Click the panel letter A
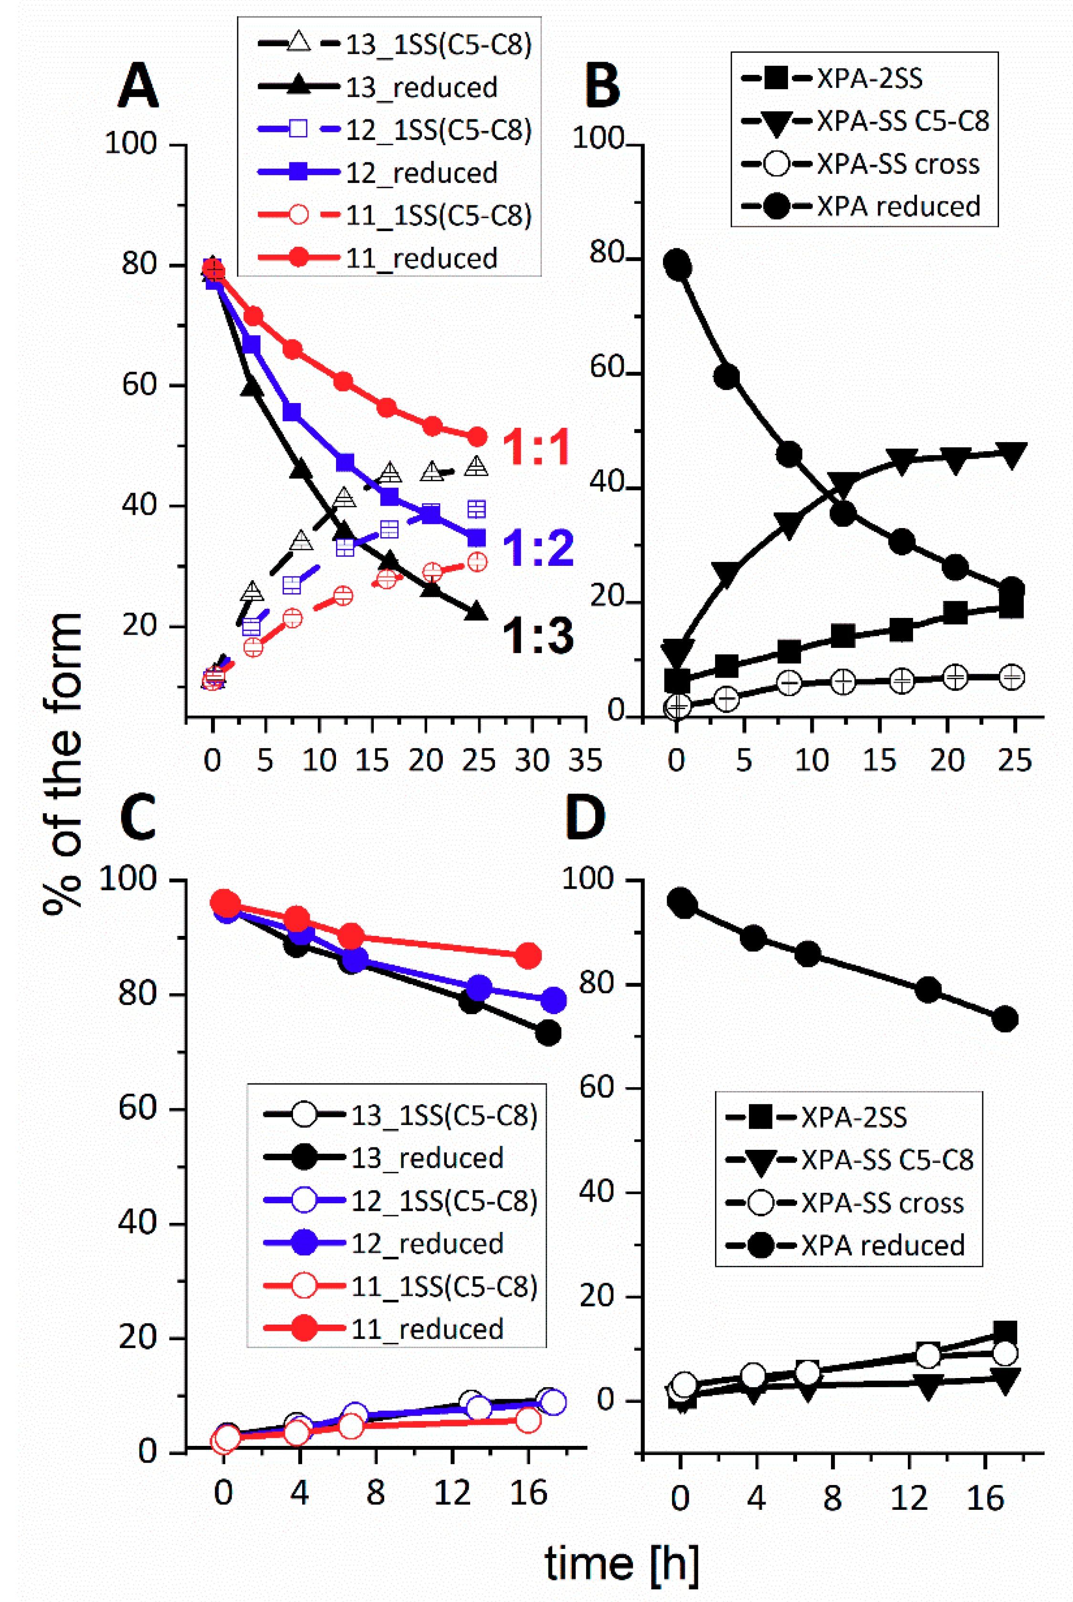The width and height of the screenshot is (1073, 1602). click(138, 85)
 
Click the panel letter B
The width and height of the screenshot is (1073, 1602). click(602, 85)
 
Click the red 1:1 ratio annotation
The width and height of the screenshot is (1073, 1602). click(536, 448)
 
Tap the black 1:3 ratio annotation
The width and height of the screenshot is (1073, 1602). click(538, 636)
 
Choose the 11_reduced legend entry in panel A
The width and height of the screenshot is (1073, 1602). click(421, 258)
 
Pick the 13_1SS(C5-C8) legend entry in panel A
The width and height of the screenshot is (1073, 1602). click(438, 44)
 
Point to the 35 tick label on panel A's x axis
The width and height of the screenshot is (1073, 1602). click(585, 761)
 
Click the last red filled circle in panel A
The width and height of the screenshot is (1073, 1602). click(476, 437)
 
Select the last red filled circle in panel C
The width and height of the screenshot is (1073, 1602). click(527, 956)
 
